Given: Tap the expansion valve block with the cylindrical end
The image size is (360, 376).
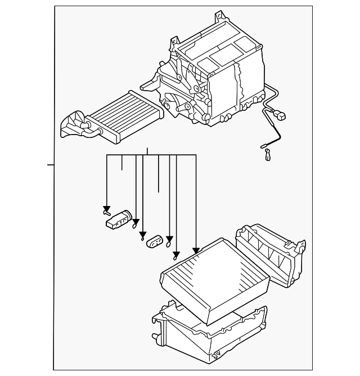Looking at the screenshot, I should pyautogui.click(x=118, y=220).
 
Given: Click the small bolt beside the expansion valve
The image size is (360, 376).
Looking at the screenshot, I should pyautogui.click(x=106, y=212).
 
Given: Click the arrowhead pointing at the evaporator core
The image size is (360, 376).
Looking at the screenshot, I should pyautogui.click(x=196, y=250).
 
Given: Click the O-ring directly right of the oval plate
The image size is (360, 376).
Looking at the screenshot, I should pyautogui.click(x=169, y=244).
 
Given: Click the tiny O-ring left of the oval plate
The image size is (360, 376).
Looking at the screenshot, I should pyautogui.click(x=142, y=236).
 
